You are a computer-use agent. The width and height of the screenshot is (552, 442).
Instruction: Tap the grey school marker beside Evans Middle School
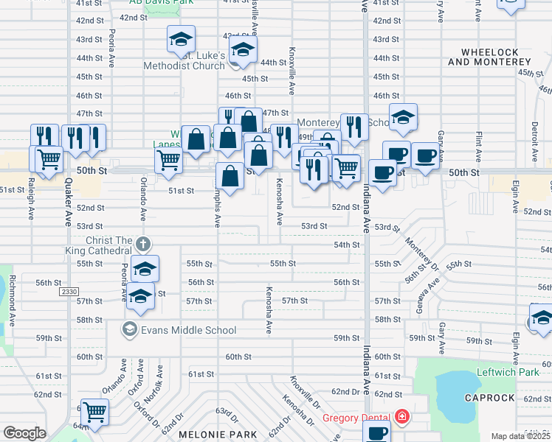pos(131,327)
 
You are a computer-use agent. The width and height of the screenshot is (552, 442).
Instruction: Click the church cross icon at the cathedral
pos(144,243)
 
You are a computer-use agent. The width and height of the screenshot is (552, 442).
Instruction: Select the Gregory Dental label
pos(357,418)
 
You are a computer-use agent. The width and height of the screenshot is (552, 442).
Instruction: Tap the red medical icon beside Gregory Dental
pos(401,417)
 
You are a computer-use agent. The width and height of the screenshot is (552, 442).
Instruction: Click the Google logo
pos(24,433)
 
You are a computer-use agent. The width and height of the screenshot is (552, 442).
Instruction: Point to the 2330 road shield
pos(69,292)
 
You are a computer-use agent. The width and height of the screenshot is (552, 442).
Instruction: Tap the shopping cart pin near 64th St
pos(94,413)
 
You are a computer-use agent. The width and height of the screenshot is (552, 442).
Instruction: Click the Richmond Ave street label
pos(13,299)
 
